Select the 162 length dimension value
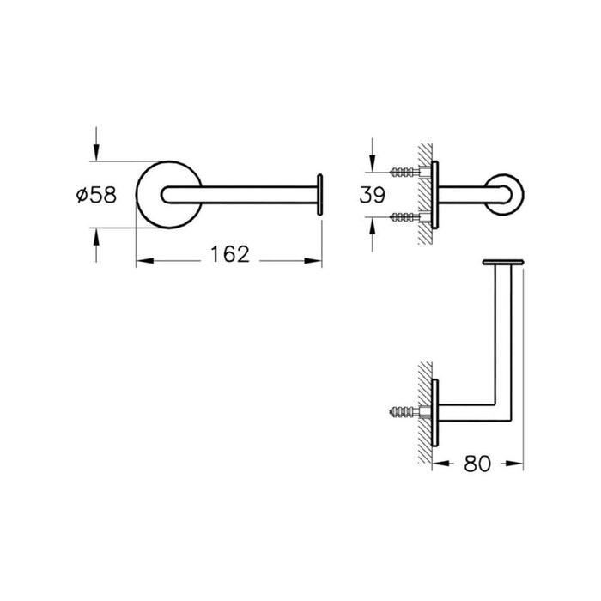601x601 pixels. pyautogui.click(x=229, y=254)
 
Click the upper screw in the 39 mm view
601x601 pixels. pyautogui.click(x=403, y=172)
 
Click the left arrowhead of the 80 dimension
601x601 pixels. pyautogui.click(x=438, y=462)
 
